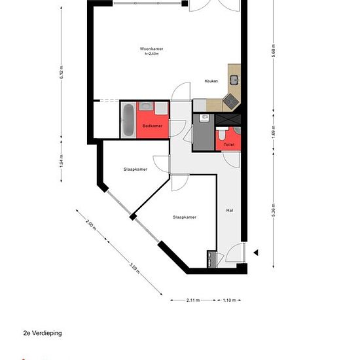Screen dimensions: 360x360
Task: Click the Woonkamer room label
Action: pyautogui.click(x=152, y=49)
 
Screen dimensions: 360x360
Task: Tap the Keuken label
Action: pyautogui.click(x=211, y=81)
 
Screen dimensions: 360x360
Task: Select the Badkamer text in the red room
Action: pyautogui.click(x=153, y=126)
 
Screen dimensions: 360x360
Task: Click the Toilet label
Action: pyautogui.click(x=229, y=145)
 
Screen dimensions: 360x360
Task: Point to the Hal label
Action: pyautogui.click(x=230, y=210)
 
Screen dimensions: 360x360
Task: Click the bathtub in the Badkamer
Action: pyautogui.click(x=128, y=120)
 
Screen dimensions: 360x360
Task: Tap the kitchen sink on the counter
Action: pyautogui.click(x=234, y=80)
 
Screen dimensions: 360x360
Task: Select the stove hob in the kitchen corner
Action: pyautogui.click(x=231, y=101)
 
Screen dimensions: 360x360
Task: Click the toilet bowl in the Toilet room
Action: pyautogui.click(x=222, y=134)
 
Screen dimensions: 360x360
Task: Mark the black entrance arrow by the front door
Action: pyautogui.click(x=256, y=253)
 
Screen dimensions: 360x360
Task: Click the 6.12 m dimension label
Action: pyautogui.click(x=62, y=72)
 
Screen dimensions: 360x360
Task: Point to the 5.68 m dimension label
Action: pyautogui.click(x=273, y=50)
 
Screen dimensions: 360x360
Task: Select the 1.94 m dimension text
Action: pyautogui.click(x=62, y=161)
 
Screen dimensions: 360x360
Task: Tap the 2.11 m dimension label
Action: pyautogui.click(x=193, y=300)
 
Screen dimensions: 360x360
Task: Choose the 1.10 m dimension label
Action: pyautogui.click(x=229, y=300)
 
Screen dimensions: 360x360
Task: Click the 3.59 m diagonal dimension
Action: pyautogui.click(x=135, y=268)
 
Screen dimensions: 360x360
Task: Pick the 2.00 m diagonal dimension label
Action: pyautogui.click(x=91, y=225)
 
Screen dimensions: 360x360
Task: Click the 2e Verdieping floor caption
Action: pyautogui.click(x=43, y=333)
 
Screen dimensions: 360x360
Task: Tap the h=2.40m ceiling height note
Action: pyautogui.click(x=152, y=54)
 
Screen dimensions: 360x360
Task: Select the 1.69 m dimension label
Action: pyautogui.click(x=273, y=132)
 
